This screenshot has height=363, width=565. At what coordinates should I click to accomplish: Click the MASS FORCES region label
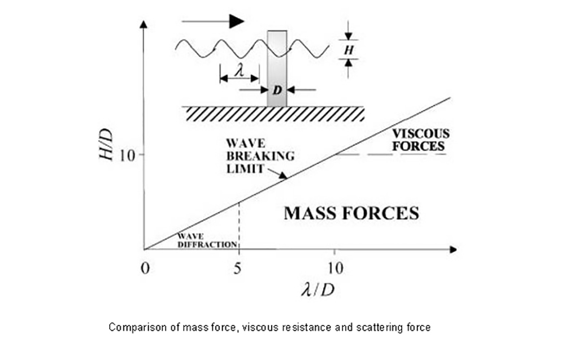tap(351, 214)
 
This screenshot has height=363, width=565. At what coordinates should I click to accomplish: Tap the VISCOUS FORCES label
tap(421, 140)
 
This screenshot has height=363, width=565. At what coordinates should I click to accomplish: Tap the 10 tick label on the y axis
tap(128, 154)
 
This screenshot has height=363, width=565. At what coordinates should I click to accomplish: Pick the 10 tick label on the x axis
tap(334, 268)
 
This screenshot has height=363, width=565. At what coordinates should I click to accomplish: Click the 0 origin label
tap(145, 268)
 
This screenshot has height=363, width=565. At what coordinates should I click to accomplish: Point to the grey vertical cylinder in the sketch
tap(277, 68)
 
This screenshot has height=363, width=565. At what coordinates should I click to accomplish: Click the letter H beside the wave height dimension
tap(349, 50)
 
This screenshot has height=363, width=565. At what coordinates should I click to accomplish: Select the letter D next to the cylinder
tap(277, 90)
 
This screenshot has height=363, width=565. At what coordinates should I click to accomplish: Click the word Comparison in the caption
tap(132, 327)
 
